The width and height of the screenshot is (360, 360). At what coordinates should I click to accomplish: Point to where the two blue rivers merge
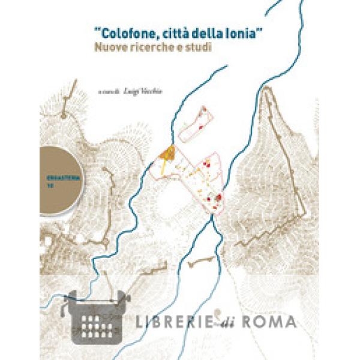point(212,217)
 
